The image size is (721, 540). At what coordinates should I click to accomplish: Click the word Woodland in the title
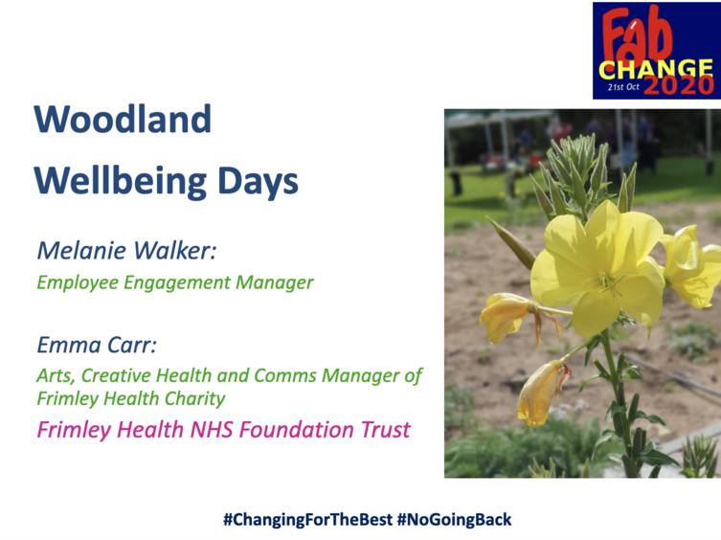(x=123, y=119)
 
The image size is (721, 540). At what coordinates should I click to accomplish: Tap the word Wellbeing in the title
(x=120, y=181)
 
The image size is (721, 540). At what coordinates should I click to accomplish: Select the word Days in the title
(x=258, y=181)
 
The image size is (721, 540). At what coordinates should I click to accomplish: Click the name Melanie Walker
(x=126, y=250)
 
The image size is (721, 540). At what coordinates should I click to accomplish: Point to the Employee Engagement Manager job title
(x=175, y=282)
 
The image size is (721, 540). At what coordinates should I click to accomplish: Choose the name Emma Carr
(x=97, y=345)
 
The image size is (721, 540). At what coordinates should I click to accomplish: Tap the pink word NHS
(x=212, y=430)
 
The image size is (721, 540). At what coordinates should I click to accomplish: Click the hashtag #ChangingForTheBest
(x=308, y=519)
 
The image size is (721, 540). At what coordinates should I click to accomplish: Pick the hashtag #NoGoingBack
(x=454, y=519)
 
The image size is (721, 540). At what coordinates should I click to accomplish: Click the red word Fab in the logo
(x=638, y=36)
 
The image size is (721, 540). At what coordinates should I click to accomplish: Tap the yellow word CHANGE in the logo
(x=656, y=70)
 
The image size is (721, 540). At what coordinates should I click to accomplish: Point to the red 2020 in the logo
(x=678, y=85)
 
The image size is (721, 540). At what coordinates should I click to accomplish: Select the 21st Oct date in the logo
(x=623, y=86)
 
